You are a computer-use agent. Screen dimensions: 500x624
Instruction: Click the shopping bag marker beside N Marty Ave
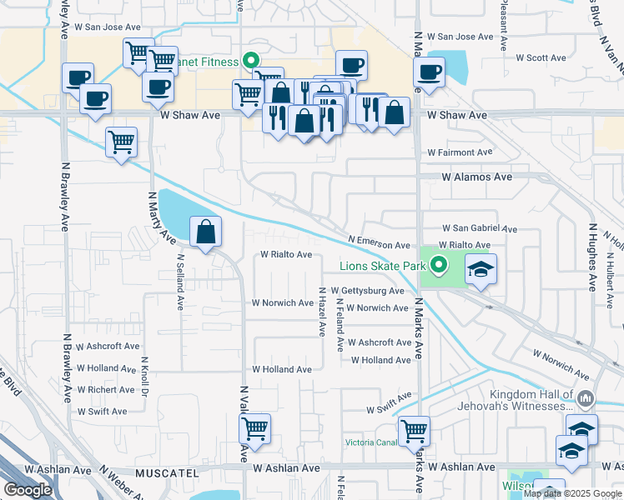(x=205, y=232)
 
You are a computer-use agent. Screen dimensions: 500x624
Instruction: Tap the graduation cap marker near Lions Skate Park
(x=480, y=270)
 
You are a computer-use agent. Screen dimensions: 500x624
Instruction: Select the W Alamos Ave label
(x=476, y=177)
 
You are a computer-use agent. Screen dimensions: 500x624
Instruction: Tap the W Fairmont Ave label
(x=460, y=152)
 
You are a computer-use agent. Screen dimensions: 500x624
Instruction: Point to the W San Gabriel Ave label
(x=480, y=228)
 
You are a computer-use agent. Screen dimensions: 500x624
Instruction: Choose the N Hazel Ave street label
(x=322, y=312)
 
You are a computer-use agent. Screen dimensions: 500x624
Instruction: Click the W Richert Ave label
(x=104, y=389)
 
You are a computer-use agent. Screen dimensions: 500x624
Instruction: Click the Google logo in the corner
(x=28, y=490)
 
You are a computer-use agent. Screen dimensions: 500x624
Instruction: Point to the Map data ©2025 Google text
(x=572, y=493)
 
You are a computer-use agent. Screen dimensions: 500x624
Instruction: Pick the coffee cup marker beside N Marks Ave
(x=429, y=72)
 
